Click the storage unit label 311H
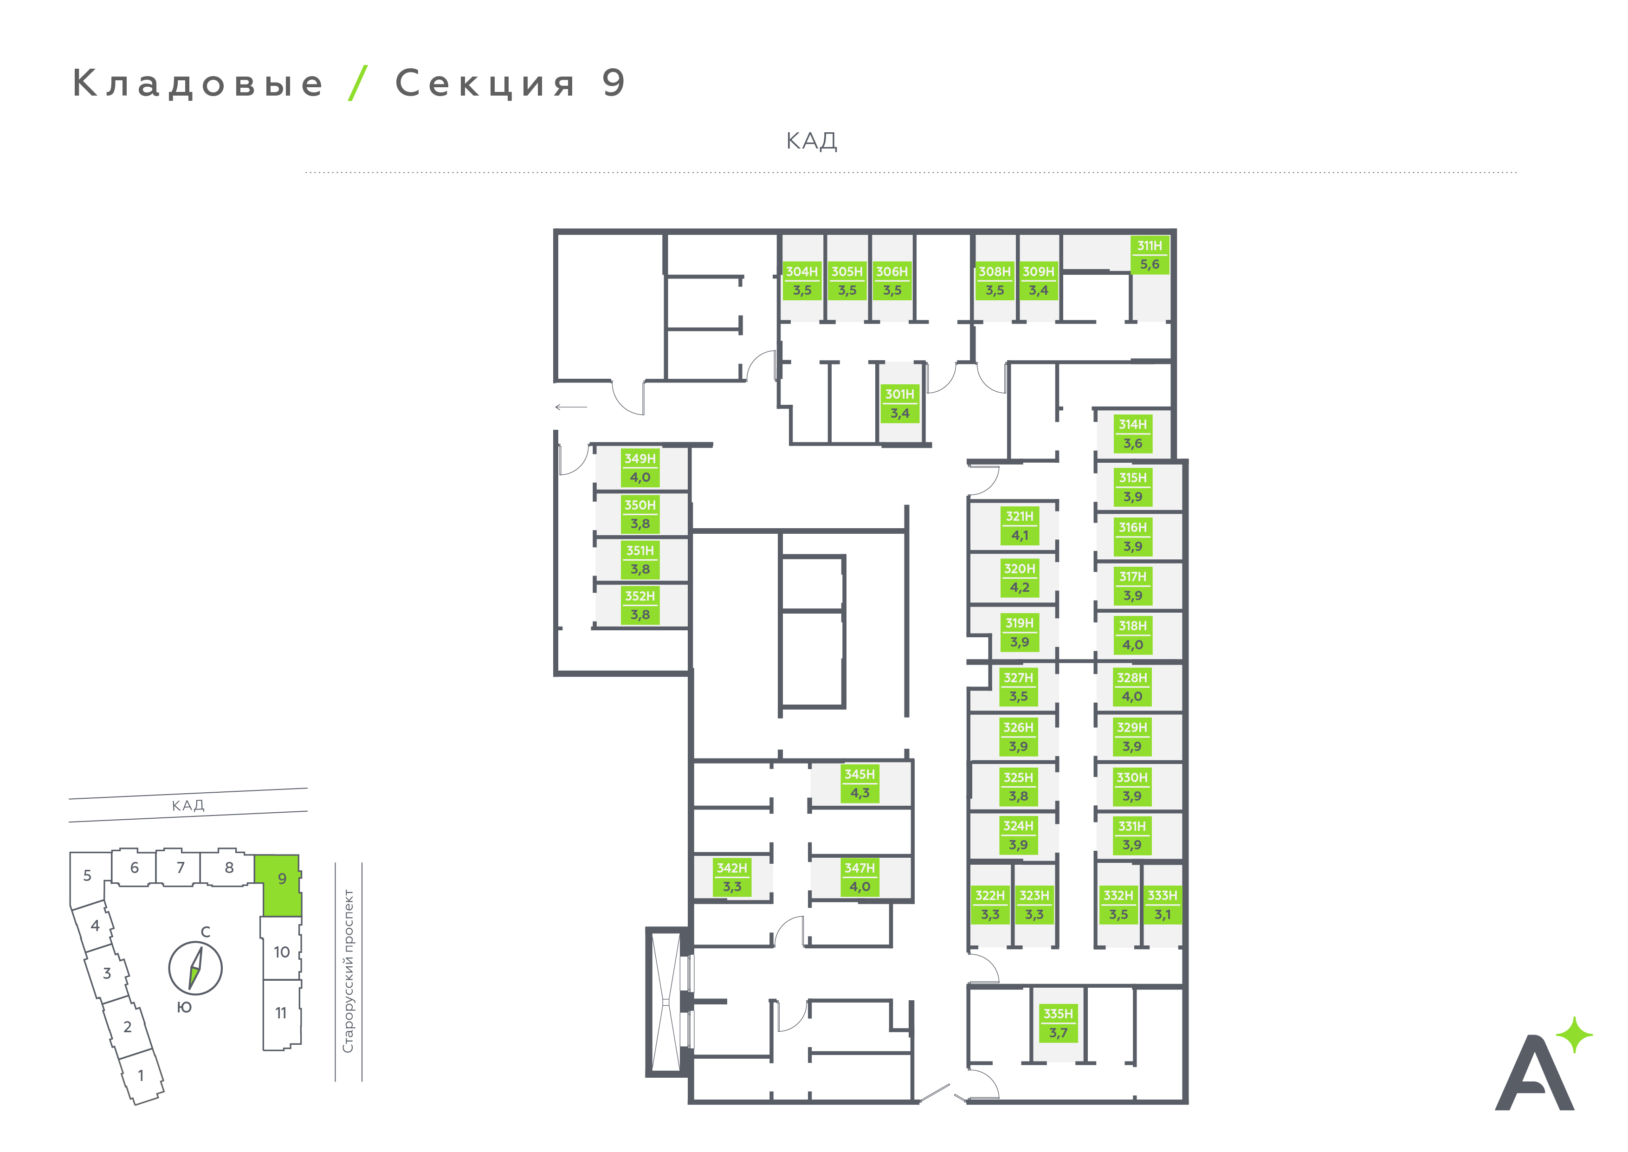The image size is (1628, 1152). [1150, 255]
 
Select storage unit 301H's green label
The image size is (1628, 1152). [900, 404]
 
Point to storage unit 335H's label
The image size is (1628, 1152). [1058, 1023]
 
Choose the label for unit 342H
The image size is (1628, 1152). [732, 878]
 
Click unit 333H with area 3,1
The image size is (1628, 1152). [1162, 905]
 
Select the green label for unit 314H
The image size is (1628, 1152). [1132, 434]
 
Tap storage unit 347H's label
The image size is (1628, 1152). [859, 878]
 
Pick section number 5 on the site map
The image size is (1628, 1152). [87, 875]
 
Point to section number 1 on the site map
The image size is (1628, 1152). [141, 1075]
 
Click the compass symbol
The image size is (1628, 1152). [195, 968]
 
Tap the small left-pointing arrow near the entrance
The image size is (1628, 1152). [571, 407]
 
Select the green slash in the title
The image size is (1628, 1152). [358, 83]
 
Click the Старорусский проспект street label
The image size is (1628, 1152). [348, 971]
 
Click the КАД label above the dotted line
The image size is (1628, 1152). [812, 141]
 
